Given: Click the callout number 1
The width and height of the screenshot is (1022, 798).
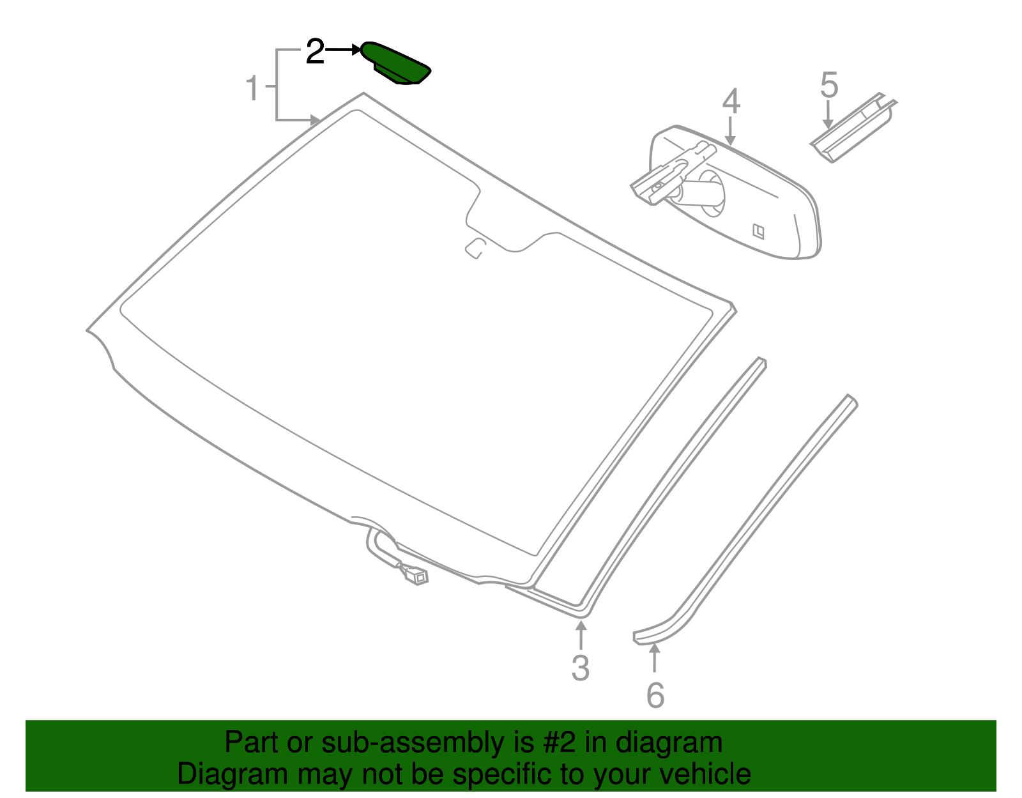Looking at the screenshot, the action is coord(252,88).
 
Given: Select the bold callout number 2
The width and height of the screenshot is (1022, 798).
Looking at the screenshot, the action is coord(315,51).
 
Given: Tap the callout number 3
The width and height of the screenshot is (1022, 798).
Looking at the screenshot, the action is coord(581,668).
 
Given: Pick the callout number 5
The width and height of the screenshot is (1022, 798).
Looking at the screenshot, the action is coord(828,84).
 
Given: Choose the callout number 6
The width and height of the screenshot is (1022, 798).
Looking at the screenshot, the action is coord(655,695).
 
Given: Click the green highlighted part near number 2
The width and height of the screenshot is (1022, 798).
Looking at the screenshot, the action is coord(395,64).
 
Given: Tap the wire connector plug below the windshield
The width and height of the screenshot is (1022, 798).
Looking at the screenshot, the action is coord(416,577).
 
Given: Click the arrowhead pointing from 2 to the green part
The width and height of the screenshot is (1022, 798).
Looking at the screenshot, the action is coord(356,49).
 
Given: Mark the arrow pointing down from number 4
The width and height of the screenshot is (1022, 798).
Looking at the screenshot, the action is coord(730,131).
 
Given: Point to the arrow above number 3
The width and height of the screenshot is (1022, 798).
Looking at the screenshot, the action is coord(581,636).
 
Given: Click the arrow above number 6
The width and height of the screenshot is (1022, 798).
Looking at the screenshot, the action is coord(654,658).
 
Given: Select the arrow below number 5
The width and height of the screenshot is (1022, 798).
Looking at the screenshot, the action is coord(828,114).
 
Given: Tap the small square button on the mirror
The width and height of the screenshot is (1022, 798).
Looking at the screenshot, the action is coord(758,231).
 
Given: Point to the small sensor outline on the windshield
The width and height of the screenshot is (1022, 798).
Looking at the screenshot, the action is coord(475,248).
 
